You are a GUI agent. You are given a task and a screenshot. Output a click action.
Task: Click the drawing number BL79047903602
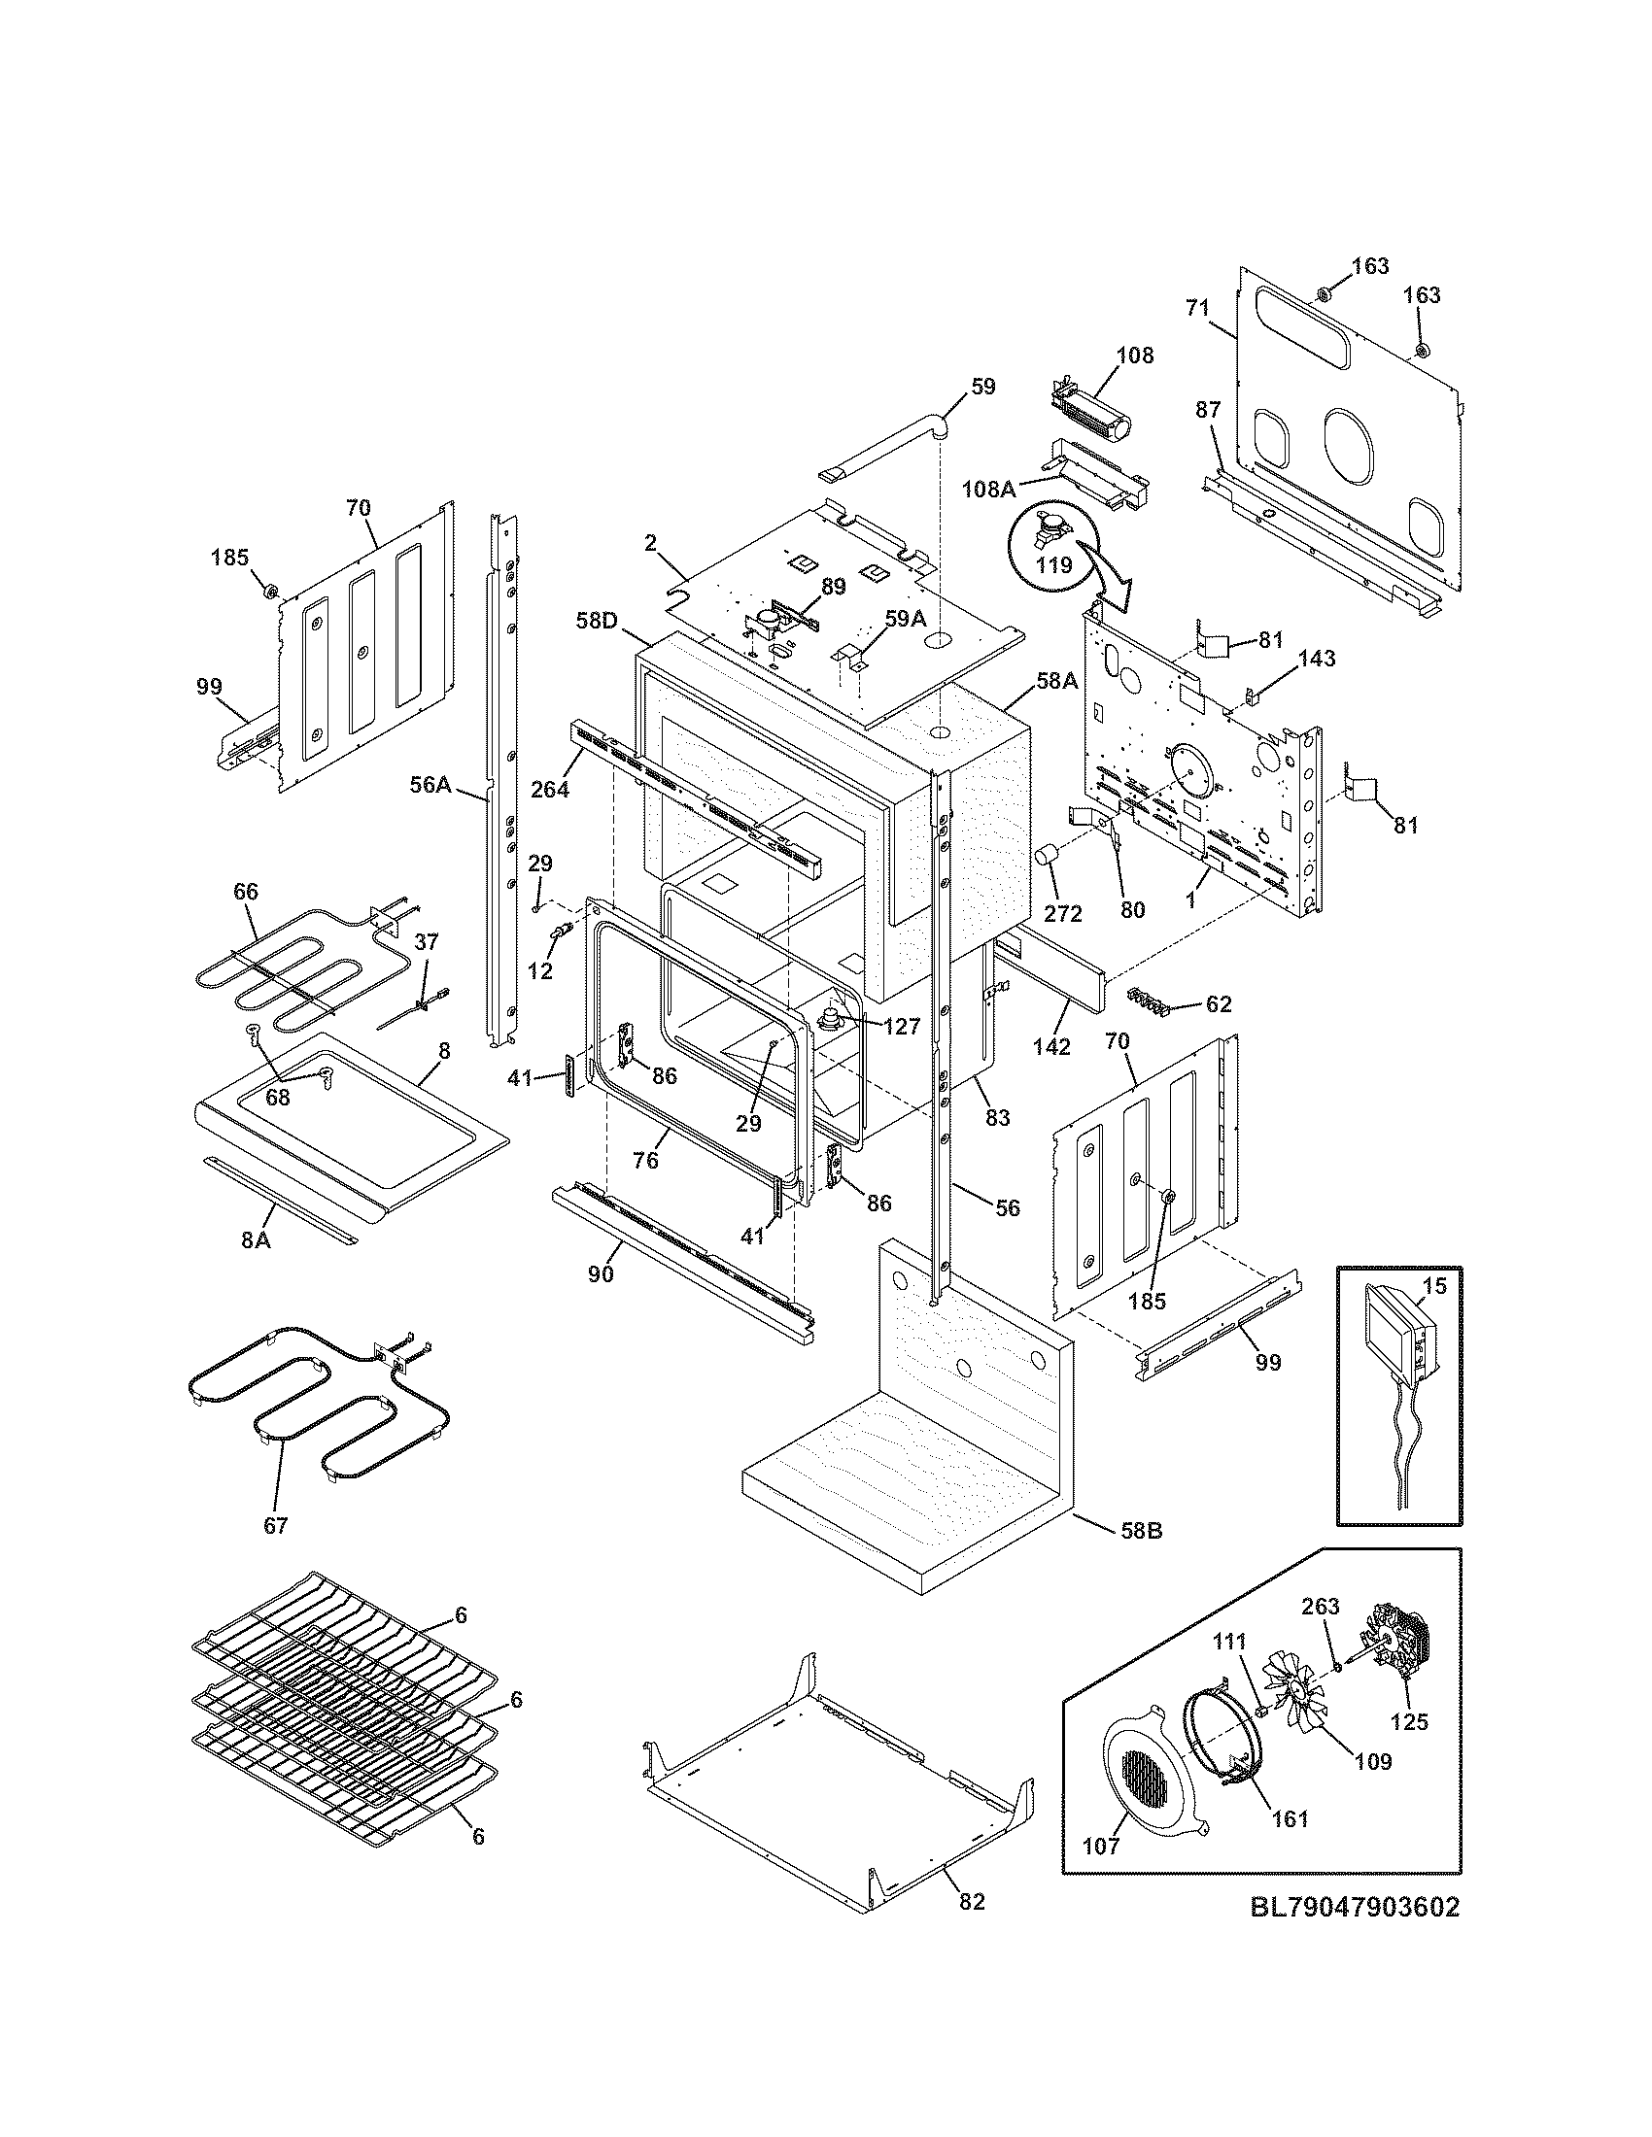click(x=1355, y=1907)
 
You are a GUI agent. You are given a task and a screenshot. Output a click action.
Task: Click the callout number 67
click(x=276, y=1525)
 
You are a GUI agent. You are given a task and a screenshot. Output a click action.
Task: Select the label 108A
click(x=988, y=489)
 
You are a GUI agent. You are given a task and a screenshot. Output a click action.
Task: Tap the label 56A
click(x=430, y=783)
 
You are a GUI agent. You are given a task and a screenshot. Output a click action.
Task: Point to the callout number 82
click(x=971, y=1901)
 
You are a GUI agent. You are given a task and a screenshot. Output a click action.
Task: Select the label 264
click(x=550, y=788)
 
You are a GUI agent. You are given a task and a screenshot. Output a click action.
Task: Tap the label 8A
click(x=256, y=1240)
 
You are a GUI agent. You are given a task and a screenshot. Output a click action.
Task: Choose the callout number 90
click(x=601, y=1274)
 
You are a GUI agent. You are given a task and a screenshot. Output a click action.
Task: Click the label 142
click(x=1051, y=1046)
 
